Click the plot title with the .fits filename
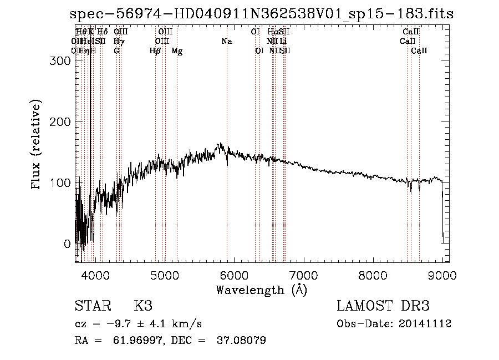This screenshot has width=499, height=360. tap(262, 14)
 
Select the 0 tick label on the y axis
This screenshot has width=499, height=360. tap(67, 244)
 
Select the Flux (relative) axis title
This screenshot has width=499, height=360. tap(37, 146)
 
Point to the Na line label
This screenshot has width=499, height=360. tap(226, 41)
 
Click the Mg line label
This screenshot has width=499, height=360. tap(177, 51)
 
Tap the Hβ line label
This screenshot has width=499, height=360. tap(155, 51)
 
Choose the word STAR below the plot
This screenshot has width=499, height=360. tap(93, 306)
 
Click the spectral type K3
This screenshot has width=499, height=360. tap(143, 306)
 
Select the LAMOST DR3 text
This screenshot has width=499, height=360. tap(383, 306)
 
